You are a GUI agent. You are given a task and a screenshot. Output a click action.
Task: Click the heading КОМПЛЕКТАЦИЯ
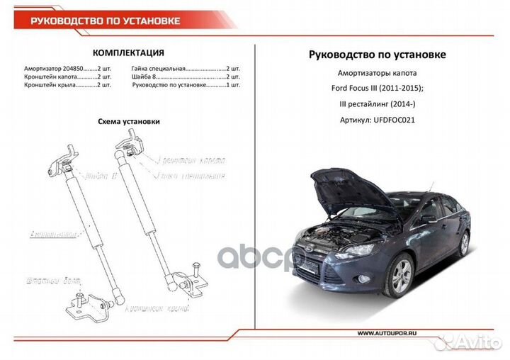click(129, 52)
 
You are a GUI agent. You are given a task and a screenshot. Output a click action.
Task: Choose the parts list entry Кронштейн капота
click(50, 77)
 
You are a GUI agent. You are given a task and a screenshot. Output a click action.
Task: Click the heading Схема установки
click(128, 121)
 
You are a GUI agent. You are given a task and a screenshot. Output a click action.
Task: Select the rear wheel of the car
click(463, 244)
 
